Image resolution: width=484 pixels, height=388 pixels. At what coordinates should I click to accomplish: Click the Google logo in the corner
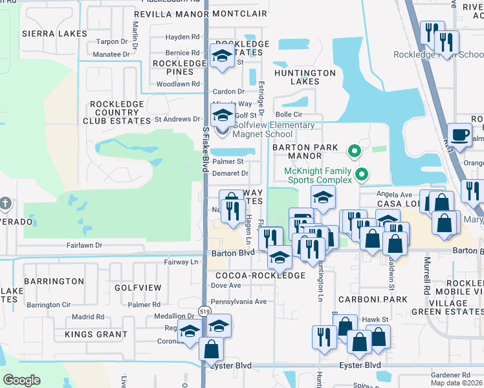21,380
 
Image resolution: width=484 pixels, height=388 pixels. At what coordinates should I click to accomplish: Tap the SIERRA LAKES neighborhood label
45,33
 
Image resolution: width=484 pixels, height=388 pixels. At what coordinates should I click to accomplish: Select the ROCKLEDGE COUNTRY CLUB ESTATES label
116,112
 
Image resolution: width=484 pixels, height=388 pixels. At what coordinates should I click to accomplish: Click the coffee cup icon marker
459,135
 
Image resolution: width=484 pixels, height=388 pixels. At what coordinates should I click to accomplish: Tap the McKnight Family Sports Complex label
318,175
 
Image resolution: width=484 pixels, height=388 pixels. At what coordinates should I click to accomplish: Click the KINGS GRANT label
96,334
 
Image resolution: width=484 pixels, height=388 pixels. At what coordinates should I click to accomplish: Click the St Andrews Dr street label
177,119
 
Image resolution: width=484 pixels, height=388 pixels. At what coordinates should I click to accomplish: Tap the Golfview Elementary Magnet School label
274,129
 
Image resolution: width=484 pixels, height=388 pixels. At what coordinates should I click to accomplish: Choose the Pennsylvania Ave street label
239,301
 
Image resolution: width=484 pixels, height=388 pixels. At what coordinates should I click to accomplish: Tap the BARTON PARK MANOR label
305,152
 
